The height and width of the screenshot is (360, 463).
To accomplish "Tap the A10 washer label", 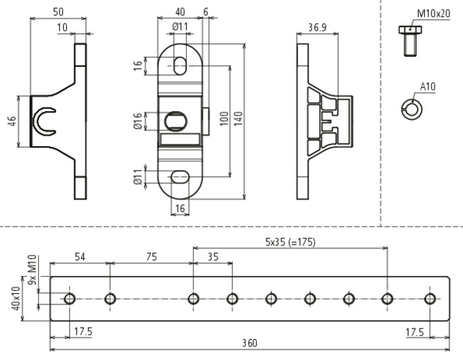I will point(428,87).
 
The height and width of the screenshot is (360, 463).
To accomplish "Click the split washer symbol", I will point(410,108).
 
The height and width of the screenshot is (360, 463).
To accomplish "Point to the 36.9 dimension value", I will point(317,28).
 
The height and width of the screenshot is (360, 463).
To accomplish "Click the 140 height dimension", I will point(239,120).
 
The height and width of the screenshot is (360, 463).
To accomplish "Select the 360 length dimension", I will point(250,343).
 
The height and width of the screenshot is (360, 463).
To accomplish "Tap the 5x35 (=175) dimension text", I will point(290,241).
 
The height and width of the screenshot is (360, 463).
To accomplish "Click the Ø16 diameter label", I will point(137,120).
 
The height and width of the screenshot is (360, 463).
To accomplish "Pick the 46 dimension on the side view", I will point(13,121).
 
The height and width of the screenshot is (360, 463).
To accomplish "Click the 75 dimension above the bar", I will point(151,256).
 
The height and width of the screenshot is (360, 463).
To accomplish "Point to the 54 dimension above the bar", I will point(79,256).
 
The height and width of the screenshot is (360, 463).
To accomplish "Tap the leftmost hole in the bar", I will point(70,299).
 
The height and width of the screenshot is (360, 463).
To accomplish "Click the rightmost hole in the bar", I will point(429,299).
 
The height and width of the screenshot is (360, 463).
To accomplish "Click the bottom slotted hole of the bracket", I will point(181,176).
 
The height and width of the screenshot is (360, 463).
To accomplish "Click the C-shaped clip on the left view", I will point(46,121).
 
